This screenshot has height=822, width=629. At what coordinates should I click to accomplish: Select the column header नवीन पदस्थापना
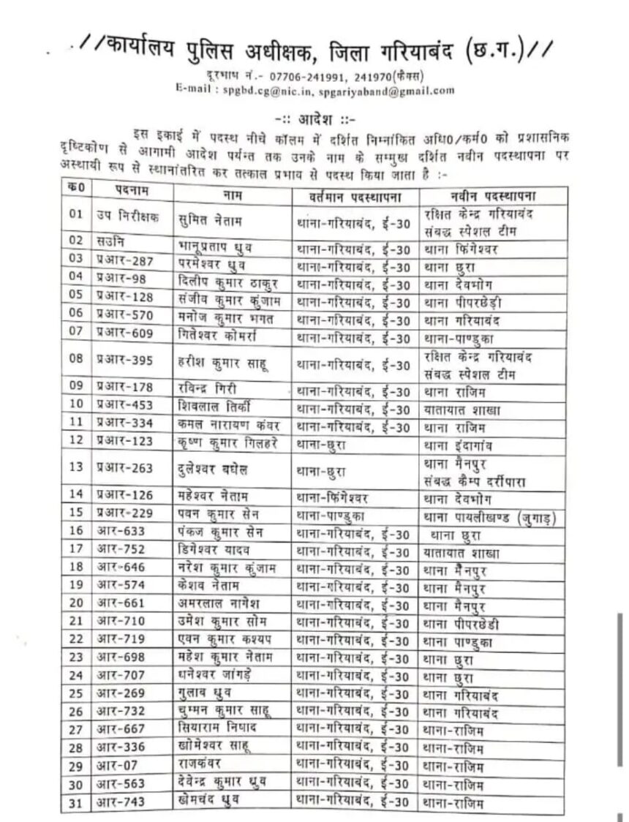(493, 195)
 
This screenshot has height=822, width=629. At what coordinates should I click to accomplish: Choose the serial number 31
(75, 803)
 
